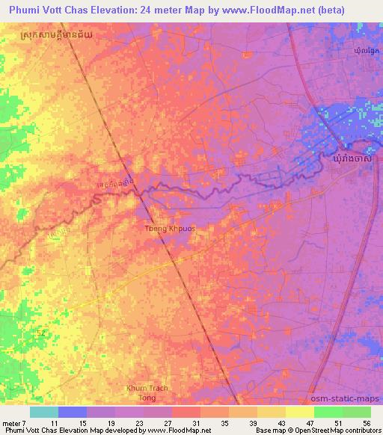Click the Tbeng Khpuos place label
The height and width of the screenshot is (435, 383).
(x=171, y=228)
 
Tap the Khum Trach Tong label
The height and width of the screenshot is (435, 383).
(x=147, y=392)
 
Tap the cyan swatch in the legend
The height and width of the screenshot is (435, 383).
(x=43, y=412)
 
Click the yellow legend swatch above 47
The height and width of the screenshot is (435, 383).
(x=299, y=412)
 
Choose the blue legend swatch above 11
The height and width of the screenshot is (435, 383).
(x=72, y=412)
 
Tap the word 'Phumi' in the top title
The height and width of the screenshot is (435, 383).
(x=23, y=11)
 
